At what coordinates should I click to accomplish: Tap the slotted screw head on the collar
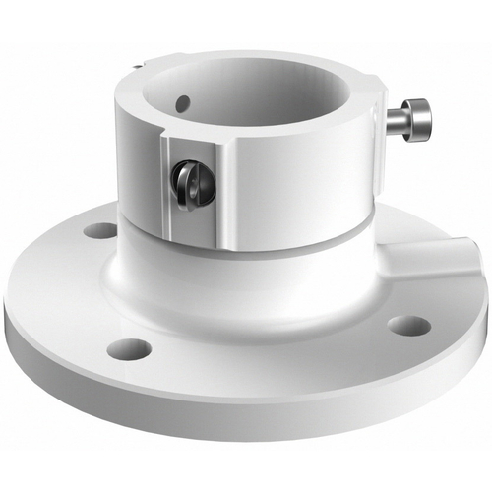(189, 182)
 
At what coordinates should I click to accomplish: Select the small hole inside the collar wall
(181, 100)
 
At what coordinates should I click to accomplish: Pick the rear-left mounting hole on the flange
(100, 231)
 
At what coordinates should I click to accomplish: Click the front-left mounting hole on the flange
(129, 347)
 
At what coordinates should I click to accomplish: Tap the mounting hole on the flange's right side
(408, 325)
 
